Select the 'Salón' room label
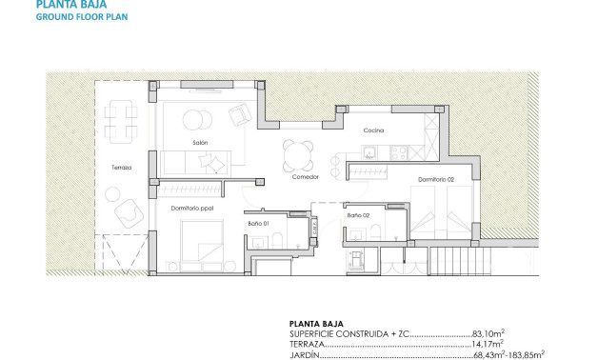pos(200,143)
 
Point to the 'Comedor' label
pos(305,177)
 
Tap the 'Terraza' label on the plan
pos(121,167)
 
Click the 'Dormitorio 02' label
pos(437,179)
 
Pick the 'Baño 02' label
pos(358,216)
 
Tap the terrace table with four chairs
pos(119,119)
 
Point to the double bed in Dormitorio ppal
pos(203,243)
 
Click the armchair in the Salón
pos(239,116)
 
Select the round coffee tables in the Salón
pos(199,119)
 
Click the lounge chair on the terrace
pos(126,219)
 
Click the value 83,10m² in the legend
pos(489,334)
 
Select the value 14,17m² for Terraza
pos(489,345)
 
